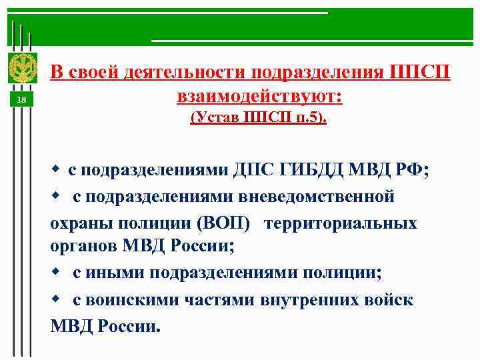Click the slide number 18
(21, 100)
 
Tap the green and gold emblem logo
(21, 69)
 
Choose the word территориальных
(340, 223)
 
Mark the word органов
(83, 247)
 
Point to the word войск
(391, 299)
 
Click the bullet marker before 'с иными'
(57, 273)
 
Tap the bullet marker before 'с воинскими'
(57, 299)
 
